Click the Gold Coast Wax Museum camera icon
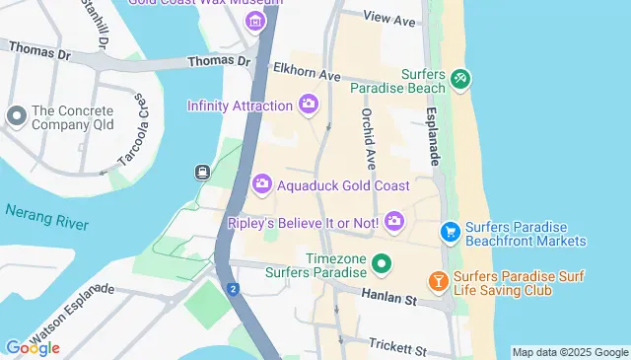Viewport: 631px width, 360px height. point(255,22)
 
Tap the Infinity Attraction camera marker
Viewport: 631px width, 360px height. point(308,104)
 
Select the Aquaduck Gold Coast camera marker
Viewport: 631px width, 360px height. point(262,184)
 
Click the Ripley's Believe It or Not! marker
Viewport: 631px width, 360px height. point(394,221)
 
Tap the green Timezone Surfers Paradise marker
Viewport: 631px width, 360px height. point(381,264)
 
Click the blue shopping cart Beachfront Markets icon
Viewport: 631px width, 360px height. point(450,232)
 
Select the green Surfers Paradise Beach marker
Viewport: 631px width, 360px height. point(459,78)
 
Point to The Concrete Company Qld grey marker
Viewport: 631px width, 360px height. point(16,116)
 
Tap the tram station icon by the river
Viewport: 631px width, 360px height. point(202,173)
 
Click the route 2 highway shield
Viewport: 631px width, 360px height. point(233,289)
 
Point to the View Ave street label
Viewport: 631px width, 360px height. point(389,18)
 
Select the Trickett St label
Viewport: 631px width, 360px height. point(396,348)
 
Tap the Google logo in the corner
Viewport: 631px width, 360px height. point(32,347)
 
